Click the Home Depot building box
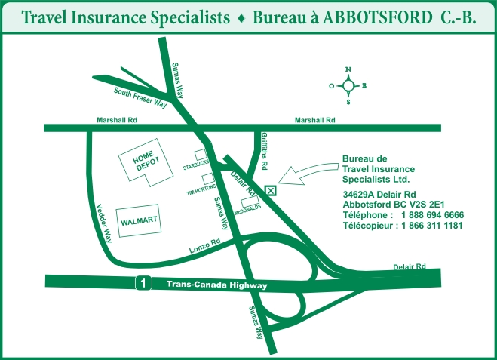click(x=144, y=163)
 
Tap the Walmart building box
click(x=139, y=220)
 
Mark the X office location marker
click(x=271, y=190)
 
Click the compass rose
click(x=348, y=85)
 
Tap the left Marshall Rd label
click(x=117, y=120)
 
